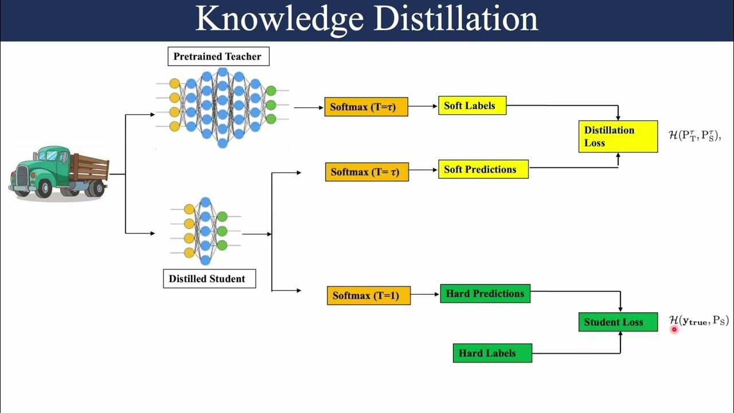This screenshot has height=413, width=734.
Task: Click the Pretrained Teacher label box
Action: pyautogui.click(x=217, y=56)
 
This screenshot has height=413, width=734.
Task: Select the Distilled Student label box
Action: pyautogui.click(x=209, y=279)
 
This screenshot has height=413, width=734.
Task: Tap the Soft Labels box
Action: pyautogui.click(x=472, y=106)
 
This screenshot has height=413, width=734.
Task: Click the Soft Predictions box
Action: pyautogui.click(x=483, y=169)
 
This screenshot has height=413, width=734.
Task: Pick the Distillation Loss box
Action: pyautogui.click(x=618, y=137)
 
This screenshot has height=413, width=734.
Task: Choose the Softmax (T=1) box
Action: pyautogui.click(x=369, y=295)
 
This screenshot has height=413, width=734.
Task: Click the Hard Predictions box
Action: pyautogui.click(x=485, y=294)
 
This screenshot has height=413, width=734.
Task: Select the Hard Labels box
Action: pyautogui.click(x=492, y=353)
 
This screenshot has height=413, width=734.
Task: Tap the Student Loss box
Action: pyautogui.click(x=618, y=322)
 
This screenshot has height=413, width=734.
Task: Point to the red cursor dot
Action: pyautogui.click(x=674, y=329)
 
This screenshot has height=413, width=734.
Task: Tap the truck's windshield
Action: pyautogui.click(x=55, y=155)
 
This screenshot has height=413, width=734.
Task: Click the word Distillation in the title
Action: pyautogui.click(x=456, y=19)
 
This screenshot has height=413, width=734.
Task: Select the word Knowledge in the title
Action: pyautogui.click(x=280, y=19)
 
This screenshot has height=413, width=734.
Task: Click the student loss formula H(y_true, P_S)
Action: pyautogui.click(x=698, y=321)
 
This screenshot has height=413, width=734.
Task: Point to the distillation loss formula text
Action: pyautogui.click(x=694, y=136)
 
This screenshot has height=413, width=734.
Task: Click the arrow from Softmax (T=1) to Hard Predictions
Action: pyautogui.click(x=425, y=294)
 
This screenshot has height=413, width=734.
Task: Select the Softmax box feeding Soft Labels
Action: pyautogui.click(x=366, y=107)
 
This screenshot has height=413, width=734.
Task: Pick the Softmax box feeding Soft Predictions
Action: pyautogui.click(x=367, y=172)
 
